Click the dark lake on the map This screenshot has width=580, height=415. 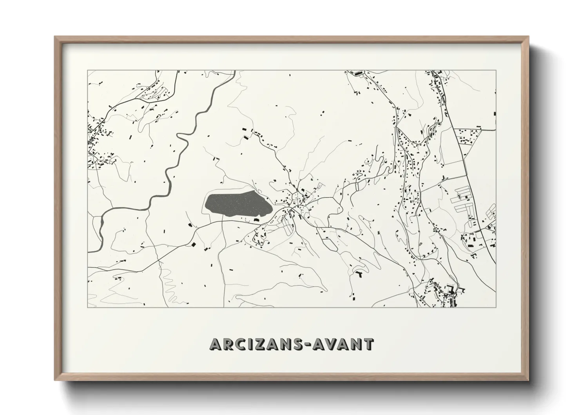(x=237, y=204)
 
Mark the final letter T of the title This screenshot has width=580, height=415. (x=368, y=344)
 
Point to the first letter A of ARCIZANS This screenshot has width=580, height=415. (x=216, y=344)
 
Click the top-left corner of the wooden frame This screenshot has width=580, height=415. (x=55, y=37)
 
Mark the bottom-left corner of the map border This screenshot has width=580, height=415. (x=88, y=307)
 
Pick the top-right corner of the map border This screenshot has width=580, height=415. (x=496, y=71)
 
